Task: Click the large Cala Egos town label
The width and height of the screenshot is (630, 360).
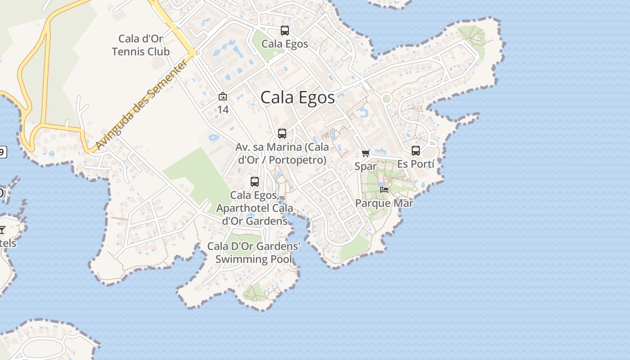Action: tap(297, 98)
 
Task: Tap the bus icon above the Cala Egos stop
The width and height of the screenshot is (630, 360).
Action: tap(284, 31)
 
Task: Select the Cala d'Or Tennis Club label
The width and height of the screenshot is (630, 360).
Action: tap(141, 45)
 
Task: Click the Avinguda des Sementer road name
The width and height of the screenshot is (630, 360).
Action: tap(142, 105)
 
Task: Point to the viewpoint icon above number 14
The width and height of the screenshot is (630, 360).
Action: tap(222, 96)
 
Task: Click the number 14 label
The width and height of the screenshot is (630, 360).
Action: tap(223, 109)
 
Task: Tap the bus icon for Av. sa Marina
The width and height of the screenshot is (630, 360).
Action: tap(282, 134)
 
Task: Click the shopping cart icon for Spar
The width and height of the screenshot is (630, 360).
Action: tap(365, 153)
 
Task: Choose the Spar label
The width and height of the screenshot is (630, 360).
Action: tap(365, 166)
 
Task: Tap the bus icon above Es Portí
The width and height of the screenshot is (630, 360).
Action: tap(416, 151)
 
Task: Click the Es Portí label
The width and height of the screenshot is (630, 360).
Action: tap(416, 164)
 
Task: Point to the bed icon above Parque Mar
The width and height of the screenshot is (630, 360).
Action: tap(384, 190)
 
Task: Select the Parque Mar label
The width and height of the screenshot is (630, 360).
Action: tap(384, 203)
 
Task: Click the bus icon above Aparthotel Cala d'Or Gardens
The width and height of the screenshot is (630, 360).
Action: tap(255, 182)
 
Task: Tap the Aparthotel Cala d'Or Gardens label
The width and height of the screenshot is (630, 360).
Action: tap(255, 208)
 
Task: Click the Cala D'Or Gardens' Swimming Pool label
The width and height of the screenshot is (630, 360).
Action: tap(254, 252)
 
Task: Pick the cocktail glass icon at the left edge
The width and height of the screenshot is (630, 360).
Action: tap(2, 230)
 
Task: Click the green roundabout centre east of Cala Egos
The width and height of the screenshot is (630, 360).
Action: tap(386, 99)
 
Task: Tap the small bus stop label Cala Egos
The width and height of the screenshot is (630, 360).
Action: tap(284, 44)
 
